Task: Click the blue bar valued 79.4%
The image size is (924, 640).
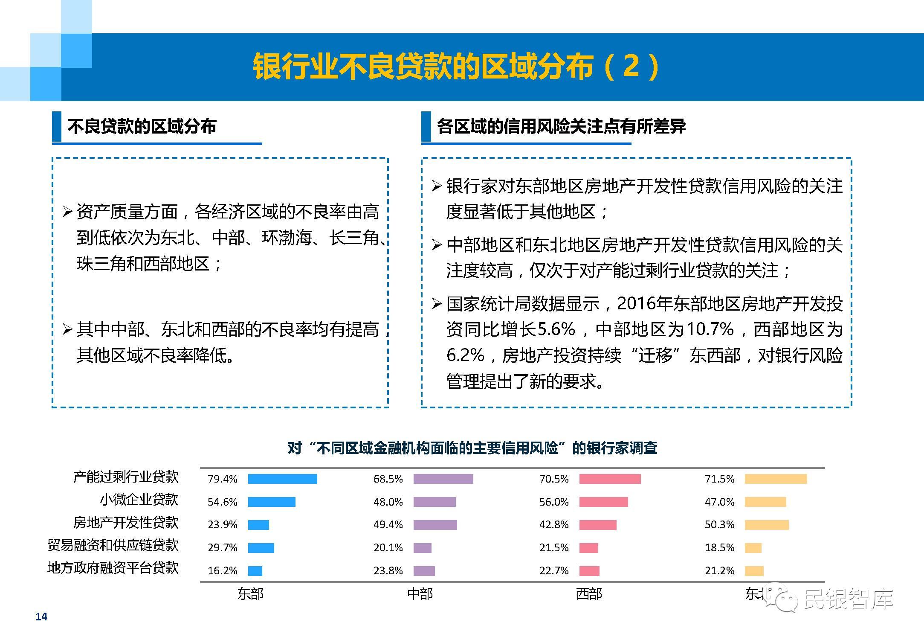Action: pyautogui.click(x=282, y=479)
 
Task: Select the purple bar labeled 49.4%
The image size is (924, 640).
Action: pyautogui.click(x=435, y=524)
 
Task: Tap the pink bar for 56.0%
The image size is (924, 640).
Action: pyautogui.click(x=603, y=502)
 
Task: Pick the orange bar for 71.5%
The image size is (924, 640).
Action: pyautogui.click(x=776, y=479)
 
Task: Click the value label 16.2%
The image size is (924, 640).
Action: pyautogui.click(x=222, y=570)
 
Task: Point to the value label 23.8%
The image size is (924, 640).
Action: pyautogui.click(x=388, y=570)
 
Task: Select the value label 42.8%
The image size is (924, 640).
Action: pyautogui.click(x=554, y=524)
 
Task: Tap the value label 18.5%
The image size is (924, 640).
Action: pyautogui.click(x=719, y=547)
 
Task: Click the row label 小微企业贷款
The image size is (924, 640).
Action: pyautogui.click(x=139, y=499)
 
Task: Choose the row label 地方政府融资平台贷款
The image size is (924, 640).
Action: pyautogui.click(x=113, y=568)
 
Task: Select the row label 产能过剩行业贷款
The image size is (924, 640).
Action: pyautogui.click(x=126, y=477)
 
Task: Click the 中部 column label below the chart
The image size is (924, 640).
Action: pyautogui.click(x=420, y=593)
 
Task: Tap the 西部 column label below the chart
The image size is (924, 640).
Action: pyautogui.click(x=589, y=593)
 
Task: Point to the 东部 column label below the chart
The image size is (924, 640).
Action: pyautogui.click(x=251, y=593)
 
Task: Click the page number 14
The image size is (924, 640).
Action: pyautogui.click(x=41, y=617)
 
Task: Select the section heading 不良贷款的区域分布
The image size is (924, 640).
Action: pyautogui.click(x=142, y=126)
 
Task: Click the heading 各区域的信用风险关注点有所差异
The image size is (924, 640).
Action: pyautogui.click(x=562, y=126)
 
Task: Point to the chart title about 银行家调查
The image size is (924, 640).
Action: pyautogui.click(x=472, y=448)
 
